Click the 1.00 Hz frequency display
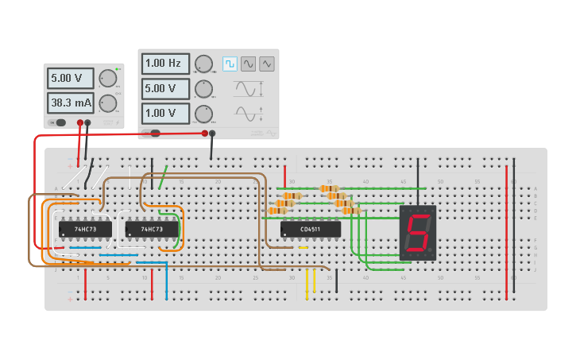click(x=165, y=63)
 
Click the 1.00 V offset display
click(x=165, y=113)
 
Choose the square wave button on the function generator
click(x=230, y=64)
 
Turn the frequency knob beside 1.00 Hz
click(x=204, y=64)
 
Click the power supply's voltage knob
click(x=108, y=78)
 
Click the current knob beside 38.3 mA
click(x=108, y=103)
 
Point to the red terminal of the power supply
click(x=79, y=123)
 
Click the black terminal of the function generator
click(x=212, y=134)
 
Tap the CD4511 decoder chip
click(x=311, y=229)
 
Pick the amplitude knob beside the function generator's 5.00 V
click(x=204, y=88)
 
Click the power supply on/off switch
click(x=59, y=122)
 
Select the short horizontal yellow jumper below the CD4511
click(x=303, y=248)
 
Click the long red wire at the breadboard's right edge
click(x=506, y=230)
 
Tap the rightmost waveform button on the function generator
click(x=267, y=64)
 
